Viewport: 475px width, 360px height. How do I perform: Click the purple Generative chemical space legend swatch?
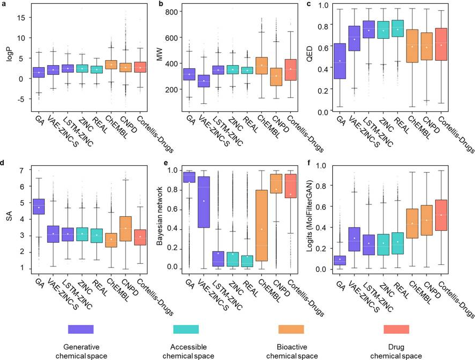coord(81,329)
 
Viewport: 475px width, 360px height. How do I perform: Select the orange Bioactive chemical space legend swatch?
coord(291,329)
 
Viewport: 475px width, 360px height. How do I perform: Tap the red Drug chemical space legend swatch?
coord(396,329)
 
